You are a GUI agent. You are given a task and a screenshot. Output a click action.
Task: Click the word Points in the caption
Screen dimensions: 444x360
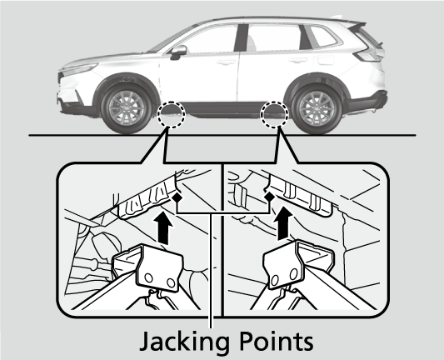[276, 341]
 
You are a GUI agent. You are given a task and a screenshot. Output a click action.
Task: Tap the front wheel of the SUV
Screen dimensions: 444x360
[127, 108]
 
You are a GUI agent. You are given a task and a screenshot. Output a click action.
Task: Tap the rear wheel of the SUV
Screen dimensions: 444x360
[317, 109]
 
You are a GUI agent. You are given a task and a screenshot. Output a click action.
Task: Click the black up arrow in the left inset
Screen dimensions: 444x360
[163, 228]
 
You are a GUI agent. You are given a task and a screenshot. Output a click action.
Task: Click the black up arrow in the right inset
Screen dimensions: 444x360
[282, 223]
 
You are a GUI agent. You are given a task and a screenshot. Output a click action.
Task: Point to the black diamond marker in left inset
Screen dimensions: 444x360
[177, 197]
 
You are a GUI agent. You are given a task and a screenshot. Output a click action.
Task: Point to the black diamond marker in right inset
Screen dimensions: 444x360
[269, 197]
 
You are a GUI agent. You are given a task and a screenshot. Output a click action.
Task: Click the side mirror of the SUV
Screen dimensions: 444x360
[177, 52]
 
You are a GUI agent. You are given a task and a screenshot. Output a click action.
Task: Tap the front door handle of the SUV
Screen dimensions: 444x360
[226, 62]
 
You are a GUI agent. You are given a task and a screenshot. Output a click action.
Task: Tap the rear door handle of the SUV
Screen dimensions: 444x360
[298, 60]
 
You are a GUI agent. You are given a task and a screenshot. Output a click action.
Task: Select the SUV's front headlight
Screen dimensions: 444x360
[78, 68]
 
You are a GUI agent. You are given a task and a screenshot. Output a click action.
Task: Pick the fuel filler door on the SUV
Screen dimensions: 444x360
[327, 60]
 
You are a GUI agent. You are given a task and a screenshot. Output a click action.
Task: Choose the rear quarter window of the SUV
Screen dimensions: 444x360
[324, 37]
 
